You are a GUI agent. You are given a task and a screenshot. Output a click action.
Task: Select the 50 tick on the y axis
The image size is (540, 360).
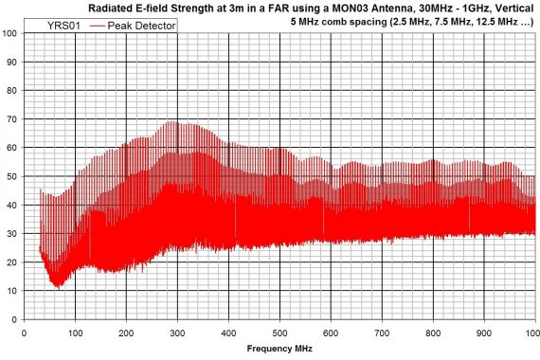tap(11, 176)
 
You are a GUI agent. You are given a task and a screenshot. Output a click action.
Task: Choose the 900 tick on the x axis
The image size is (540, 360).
tap(484, 333)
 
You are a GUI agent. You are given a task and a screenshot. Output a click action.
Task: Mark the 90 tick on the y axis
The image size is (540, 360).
tap(11, 62)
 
